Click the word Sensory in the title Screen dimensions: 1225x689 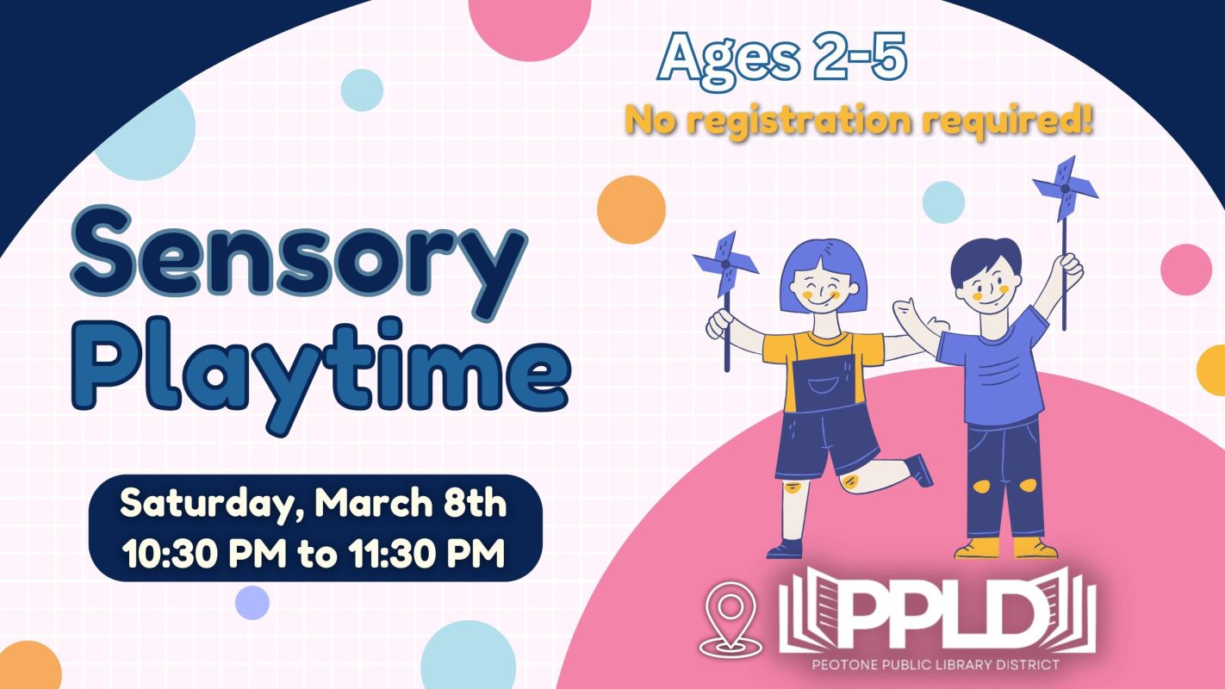point(299,262)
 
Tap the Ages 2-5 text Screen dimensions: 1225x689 point(782,60)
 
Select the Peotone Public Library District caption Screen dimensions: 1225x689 point(936,665)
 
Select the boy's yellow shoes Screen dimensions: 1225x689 point(1006,548)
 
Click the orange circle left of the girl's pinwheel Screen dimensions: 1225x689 point(631,210)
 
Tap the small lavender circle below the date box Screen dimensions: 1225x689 point(252,603)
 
